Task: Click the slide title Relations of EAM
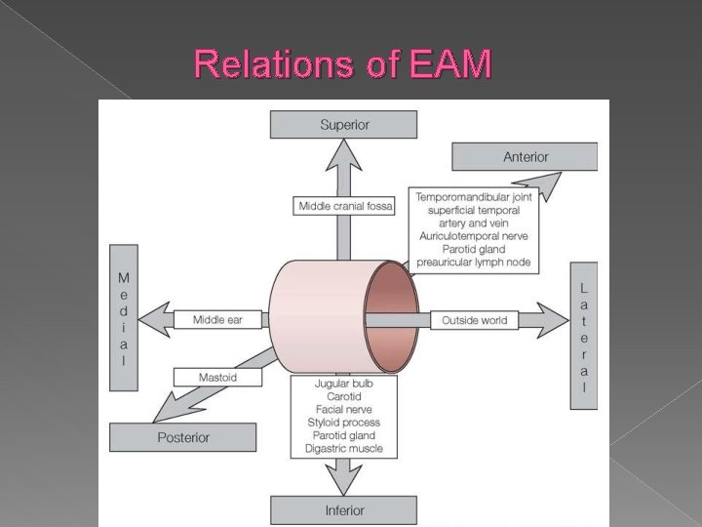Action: (x=343, y=64)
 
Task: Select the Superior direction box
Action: (x=344, y=125)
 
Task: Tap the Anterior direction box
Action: (x=525, y=156)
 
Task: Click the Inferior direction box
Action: (x=344, y=509)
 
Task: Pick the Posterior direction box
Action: (x=182, y=437)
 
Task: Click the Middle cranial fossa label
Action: (x=344, y=206)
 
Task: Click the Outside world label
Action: (x=475, y=320)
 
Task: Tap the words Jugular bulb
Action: (x=343, y=384)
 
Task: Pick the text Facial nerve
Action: (x=343, y=410)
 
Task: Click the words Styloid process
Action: (x=343, y=423)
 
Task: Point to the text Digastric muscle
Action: (x=343, y=449)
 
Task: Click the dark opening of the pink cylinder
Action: (x=390, y=316)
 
